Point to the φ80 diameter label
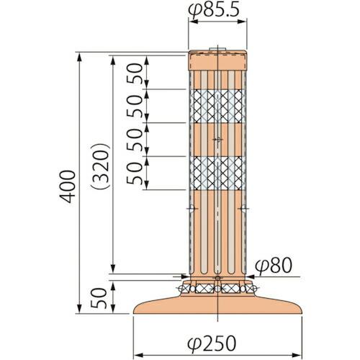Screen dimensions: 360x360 click(274, 266)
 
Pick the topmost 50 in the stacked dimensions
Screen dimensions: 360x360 click(135, 72)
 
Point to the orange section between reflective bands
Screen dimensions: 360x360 click(217, 140)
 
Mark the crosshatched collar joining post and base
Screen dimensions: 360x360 click(218, 288)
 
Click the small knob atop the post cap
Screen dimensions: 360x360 click(218, 50)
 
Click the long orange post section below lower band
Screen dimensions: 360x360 click(217, 230)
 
